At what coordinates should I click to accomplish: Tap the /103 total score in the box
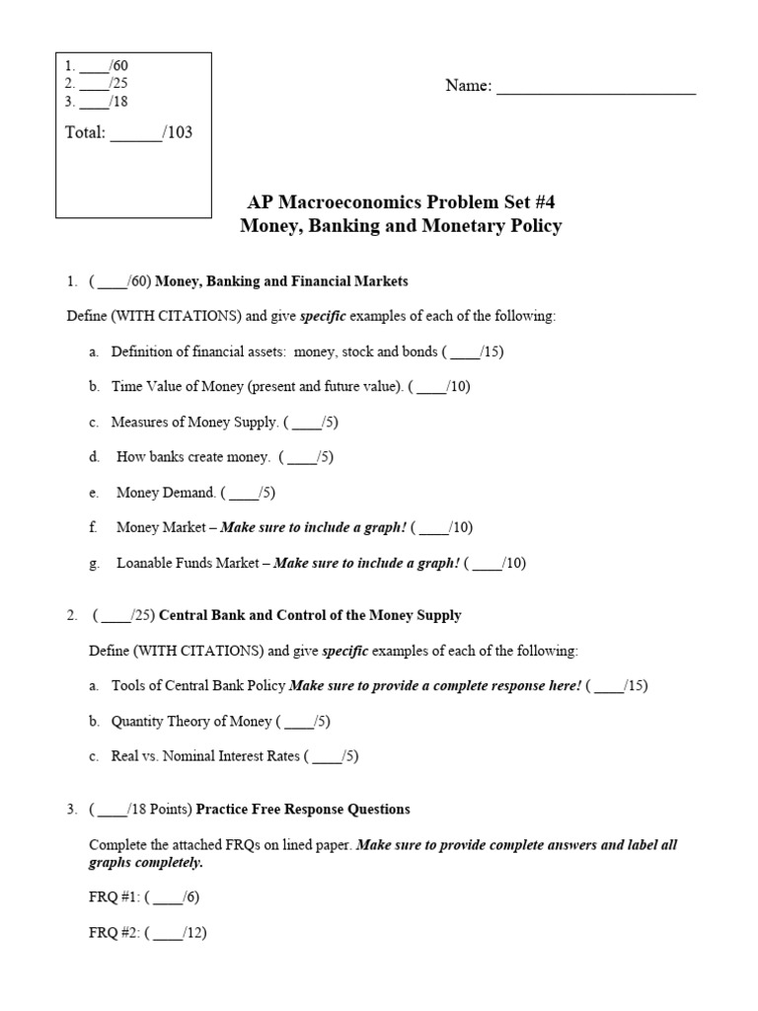click(x=179, y=132)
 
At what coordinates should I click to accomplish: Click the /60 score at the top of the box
click(x=118, y=66)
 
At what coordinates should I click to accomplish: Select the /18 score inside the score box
click(x=118, y=102)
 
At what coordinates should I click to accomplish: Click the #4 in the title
click(x=552, y=202)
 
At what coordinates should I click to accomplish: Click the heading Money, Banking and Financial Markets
click(x=281, y=281)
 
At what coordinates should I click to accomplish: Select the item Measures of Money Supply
click(x=194, y=422)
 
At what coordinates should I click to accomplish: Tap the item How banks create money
click(x=192, y=457)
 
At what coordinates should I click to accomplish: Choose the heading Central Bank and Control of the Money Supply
click(x=310, y=615)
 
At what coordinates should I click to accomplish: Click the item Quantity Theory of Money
click(x=191, y=722)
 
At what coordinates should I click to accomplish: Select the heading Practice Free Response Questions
click(x=303, y=809)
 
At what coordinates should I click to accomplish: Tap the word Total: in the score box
click(x=85, y=132)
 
